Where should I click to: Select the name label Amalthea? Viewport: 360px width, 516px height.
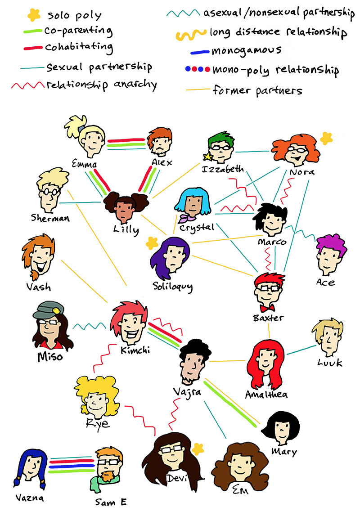[266, 395]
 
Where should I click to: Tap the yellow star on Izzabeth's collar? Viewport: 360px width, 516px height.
[208, 157]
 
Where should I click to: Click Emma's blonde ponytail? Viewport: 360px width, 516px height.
[75, 124]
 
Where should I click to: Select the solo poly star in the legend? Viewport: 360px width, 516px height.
[33, 16]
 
